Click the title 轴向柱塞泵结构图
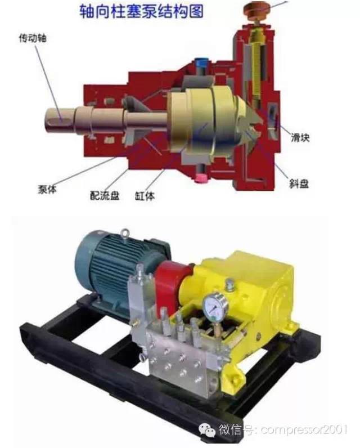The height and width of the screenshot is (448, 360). point(142,11)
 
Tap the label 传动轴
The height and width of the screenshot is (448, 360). point(33,38)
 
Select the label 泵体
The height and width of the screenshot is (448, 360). point(47,189)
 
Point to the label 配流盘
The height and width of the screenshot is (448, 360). point(105,195)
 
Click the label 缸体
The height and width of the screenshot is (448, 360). point(145,196)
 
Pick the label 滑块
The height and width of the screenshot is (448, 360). point(300,138)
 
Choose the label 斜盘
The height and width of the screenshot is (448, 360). point(299,183)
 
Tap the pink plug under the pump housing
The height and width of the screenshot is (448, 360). point(201,178)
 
